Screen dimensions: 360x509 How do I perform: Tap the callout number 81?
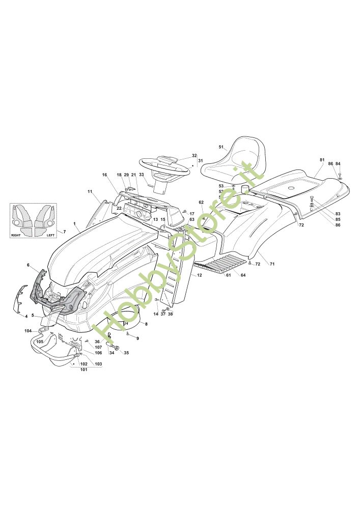click(x=322, y=160)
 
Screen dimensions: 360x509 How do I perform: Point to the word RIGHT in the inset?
click(x=17, y=236)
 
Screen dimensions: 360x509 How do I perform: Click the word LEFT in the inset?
click(x=50, y=236)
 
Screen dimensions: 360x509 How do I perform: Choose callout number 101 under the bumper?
click(x=84, y=370)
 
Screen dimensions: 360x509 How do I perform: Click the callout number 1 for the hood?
click(x=74, y=224)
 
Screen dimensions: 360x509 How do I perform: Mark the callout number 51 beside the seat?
click(x=221, y=147)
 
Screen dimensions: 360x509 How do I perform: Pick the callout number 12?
click(x=200, y=275)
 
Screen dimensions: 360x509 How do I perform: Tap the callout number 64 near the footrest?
click(x=243, y=275)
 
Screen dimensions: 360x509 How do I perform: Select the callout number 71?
click(x=272, y=264)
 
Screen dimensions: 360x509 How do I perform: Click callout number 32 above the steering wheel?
click(x=194, y=155)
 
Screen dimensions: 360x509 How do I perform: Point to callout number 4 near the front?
click(x=26, y=316)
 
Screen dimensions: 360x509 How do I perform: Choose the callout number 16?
click(x=104, y=175)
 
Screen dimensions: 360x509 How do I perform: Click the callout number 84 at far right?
click(x=338, y=164)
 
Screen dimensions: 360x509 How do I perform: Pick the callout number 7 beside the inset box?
click(x=64, y=232)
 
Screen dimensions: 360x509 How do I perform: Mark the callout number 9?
click(x=137, y=338)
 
